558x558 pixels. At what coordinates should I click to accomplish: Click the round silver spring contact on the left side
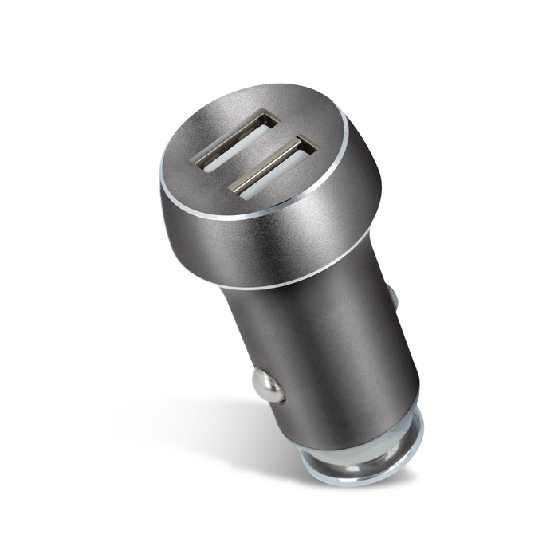(x=269, y=387)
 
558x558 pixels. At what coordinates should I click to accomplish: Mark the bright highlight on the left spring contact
(x=263, y=381)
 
